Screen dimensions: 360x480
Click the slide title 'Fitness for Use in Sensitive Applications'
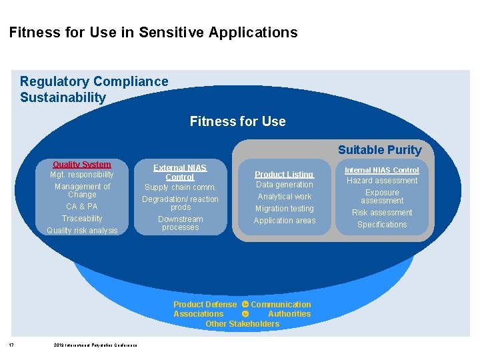[x=153, y=32]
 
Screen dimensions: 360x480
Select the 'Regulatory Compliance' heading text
[x=94, y=81]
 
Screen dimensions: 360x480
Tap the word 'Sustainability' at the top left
[x=63, y=97]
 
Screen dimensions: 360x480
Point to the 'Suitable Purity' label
[x=379, y=150]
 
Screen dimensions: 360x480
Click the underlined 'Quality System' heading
[x=82, y=164]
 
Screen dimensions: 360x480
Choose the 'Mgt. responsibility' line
[x=82, y=175]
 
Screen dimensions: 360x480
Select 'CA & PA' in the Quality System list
[x=82, y=207]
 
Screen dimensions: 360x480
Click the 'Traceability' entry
[x=82, y=219]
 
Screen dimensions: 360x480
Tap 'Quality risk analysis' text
[x=82, y=231]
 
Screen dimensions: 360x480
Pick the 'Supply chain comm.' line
[x=180, y=187]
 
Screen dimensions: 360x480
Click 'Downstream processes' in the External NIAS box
[x=180, y=223]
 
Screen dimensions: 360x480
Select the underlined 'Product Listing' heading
[x=284, y=174]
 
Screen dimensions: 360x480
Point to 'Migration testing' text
[x=284, y=209]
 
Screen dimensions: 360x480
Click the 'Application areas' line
[x=284, y=221]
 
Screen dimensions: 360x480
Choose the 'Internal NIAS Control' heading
[x=381, y=170]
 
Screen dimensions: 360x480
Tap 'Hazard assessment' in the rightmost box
[x=382, y=181]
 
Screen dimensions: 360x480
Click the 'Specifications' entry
[x=382, y=225]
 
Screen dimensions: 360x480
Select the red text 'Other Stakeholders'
[x=242, y=324]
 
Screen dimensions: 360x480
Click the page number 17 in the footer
[x=12, y=345]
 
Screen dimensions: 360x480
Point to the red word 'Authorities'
[x=289, y=314]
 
